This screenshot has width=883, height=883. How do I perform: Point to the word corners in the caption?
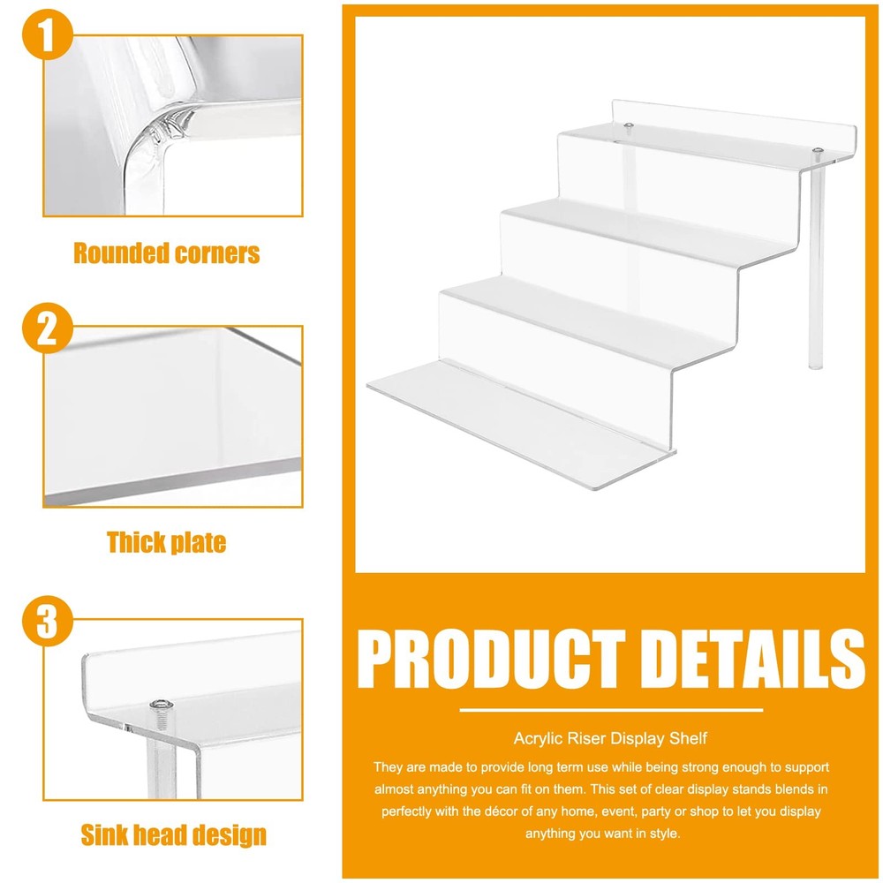pyautogui.click(x=216, y=253)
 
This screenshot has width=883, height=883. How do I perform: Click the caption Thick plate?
pyautogui.click(x=167, y=542)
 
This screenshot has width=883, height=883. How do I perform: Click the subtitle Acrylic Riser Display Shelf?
pyautogui.click(x=611, y=737)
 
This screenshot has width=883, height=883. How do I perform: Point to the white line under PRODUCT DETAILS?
pyautogui.click(x=611, y=709)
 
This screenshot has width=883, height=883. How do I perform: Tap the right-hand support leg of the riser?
pyautogui.click(x=814, y=265)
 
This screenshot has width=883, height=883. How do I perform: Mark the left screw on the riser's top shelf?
pyautogui.click(x=627, y=126)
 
